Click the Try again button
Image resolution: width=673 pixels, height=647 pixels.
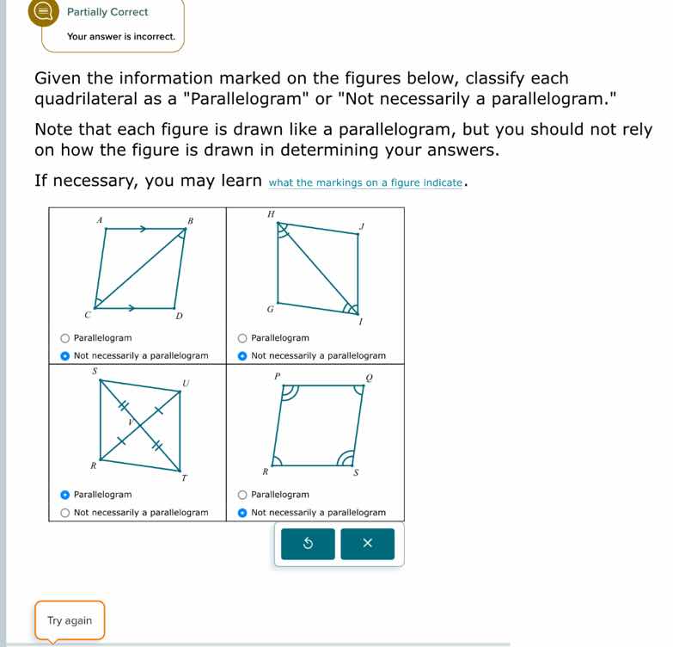[70, 620]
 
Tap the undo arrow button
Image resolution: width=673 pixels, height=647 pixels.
[308, 544]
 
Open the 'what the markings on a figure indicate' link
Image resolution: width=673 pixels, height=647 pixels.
[366, 182]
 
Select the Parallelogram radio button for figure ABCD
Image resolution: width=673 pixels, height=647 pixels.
[65, 338]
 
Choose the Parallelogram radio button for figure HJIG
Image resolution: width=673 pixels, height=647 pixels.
[243, 338]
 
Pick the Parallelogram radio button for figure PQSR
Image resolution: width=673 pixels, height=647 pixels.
[243, 495]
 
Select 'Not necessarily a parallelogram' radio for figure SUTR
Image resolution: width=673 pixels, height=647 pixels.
[65, 513]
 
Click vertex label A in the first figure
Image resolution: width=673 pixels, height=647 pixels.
[99, 221]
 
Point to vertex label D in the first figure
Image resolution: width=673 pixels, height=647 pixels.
[179, 317]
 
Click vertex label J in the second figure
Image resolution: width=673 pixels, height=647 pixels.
[362, 225]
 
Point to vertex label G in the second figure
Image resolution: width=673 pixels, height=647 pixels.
[270, 307]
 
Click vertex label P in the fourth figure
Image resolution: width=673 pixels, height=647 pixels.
[277, 377]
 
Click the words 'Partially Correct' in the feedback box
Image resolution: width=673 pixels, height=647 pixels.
[107, 12]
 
